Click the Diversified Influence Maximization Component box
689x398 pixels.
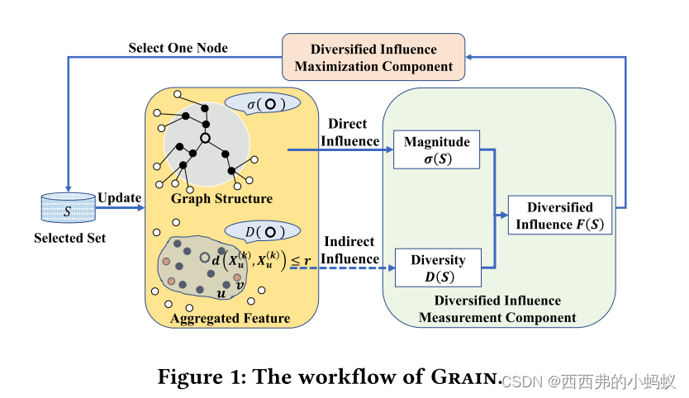(373, 57)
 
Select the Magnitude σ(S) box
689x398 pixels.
(437, 150)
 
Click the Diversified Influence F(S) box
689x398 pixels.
(559, 216)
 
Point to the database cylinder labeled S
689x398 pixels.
(68, 211)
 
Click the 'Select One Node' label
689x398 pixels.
(178, 47)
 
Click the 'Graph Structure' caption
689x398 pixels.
(221, 199)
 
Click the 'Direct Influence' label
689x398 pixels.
(347, 132)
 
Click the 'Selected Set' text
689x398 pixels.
(69, 239)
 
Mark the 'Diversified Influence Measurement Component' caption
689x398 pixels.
(497, 309)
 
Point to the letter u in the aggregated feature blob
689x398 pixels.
(221, 292)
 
